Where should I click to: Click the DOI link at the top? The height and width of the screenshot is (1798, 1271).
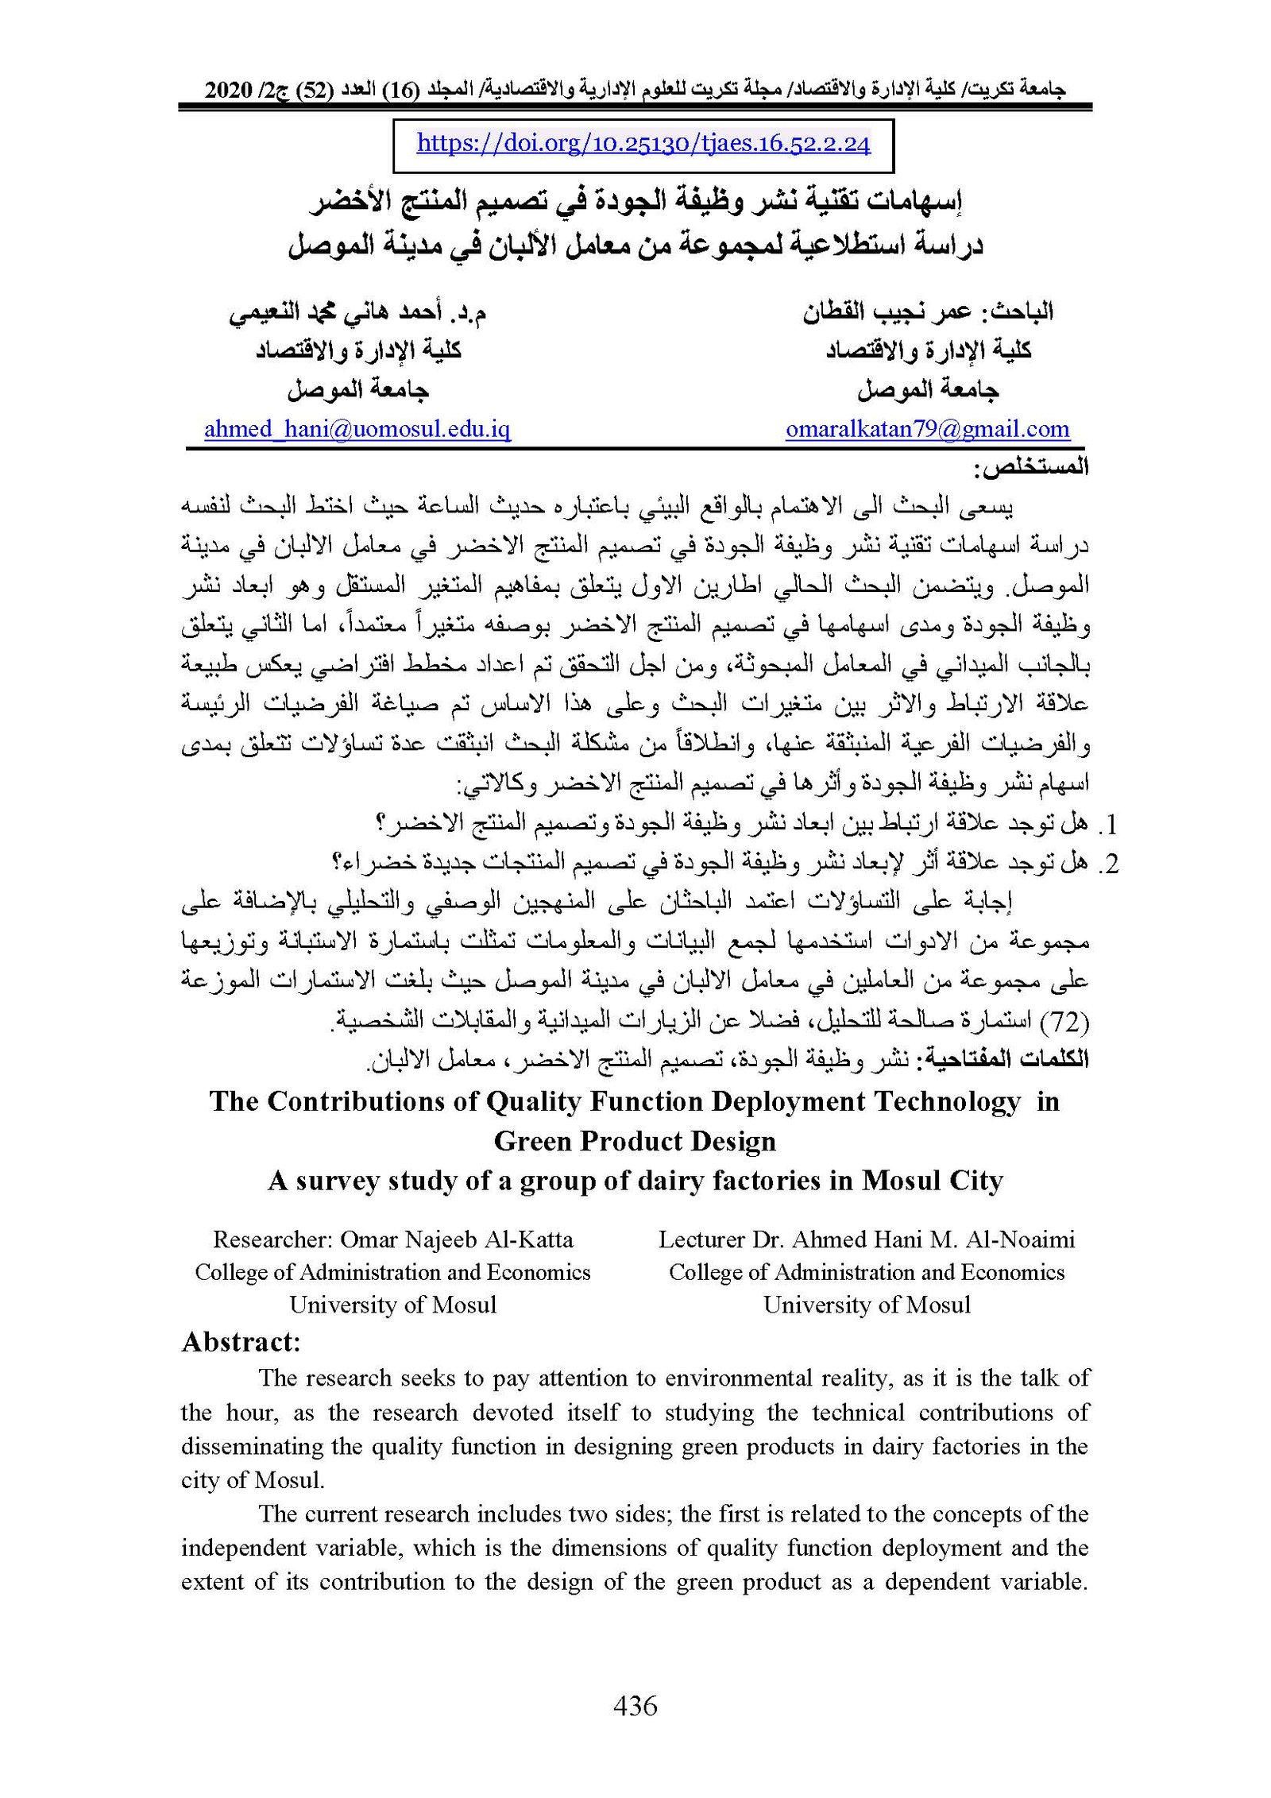[x=643, y=144]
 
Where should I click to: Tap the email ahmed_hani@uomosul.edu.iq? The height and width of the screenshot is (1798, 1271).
[x=357, y=430]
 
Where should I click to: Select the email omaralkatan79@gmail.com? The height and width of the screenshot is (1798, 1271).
[x=927, y=430]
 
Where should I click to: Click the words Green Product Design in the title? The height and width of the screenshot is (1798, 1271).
[x=635, y=1142]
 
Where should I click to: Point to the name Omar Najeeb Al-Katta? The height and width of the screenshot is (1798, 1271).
[x=456, y=1239]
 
